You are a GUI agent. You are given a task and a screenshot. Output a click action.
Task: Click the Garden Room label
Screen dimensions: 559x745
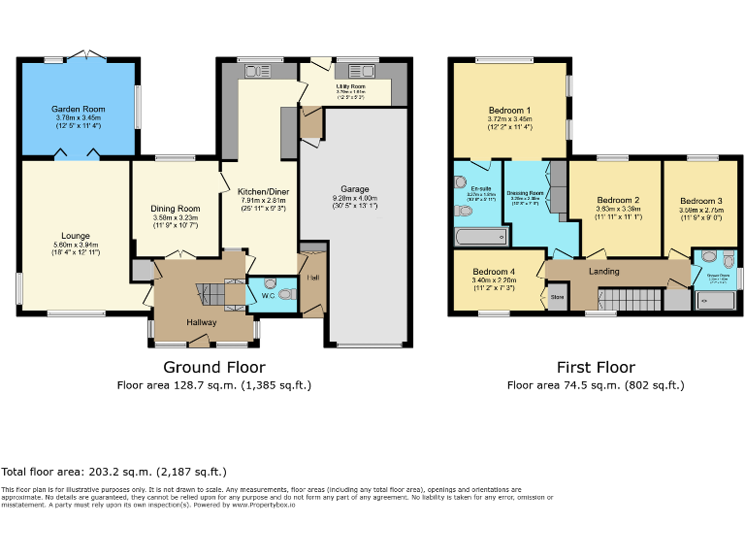[x=78, y=110]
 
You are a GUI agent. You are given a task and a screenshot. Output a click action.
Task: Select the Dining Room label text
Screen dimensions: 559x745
[x=175, y=209]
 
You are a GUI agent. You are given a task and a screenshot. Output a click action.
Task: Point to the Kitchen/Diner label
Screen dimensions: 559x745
[x=259, y=192]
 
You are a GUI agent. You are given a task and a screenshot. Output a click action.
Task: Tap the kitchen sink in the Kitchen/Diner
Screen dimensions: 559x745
[x=258, y=70]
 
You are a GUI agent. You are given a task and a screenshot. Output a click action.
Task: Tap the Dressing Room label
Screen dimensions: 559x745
[x=525, y=193]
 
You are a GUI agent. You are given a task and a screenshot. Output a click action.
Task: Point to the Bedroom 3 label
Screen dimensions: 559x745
[x=700, y=201]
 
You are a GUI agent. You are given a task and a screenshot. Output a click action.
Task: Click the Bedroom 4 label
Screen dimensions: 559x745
[x=494, y=272]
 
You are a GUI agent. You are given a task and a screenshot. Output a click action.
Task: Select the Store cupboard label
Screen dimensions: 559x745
[x=557, y=296]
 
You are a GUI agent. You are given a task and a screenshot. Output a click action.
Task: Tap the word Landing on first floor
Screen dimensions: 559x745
[x=604, y=271]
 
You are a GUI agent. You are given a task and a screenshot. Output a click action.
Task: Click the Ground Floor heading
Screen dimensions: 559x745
[x=213, y=367]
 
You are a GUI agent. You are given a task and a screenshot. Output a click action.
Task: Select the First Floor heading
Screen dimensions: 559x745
[x=596, y=367]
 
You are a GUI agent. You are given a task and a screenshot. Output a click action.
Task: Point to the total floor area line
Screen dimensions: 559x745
[x=114, y=471]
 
